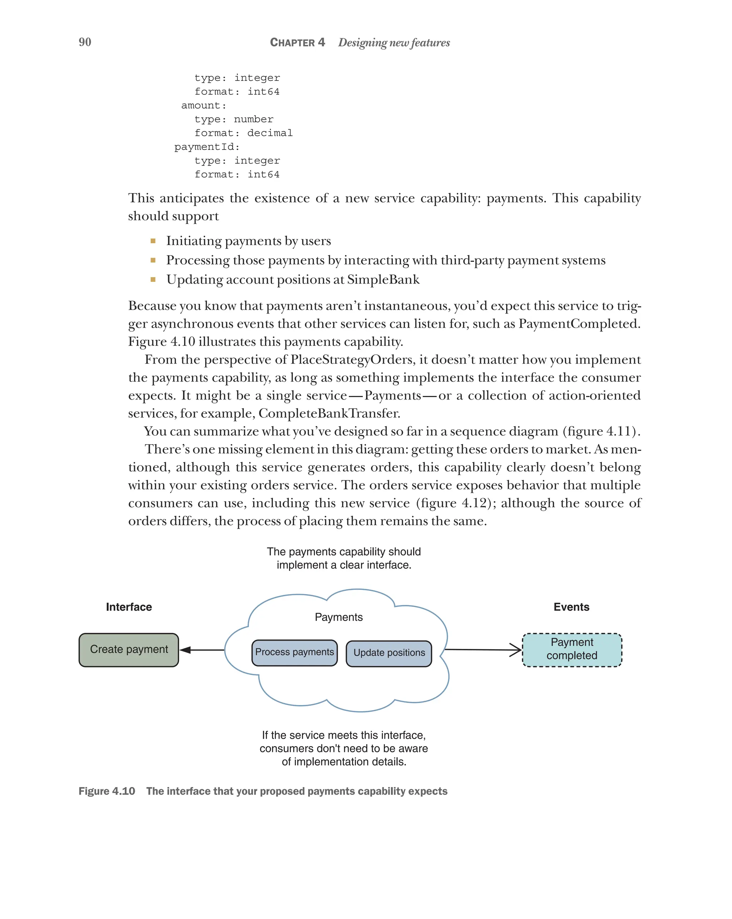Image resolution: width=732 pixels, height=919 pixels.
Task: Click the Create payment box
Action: click(x=129, y=650)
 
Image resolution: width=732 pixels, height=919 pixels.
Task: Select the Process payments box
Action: click(x=294, y=652)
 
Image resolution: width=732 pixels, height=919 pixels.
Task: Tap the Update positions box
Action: click(x=389, y=653)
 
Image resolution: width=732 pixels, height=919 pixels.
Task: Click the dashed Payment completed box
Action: click(x=572, y=650)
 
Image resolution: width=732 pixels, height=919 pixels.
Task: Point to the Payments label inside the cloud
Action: click(x=338, y=617)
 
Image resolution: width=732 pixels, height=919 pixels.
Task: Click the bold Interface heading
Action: click(x=129, y=607)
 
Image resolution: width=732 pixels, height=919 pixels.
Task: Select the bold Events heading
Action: click(x=571, y=607)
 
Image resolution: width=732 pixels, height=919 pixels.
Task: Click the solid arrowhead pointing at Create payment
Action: click(x=186, y=650)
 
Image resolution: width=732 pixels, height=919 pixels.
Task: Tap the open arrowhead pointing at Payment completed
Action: click(x=516, y=650)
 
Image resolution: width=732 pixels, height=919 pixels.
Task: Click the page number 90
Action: click(x=85, y=42)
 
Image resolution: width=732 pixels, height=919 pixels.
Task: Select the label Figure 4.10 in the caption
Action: click(x=107, y=791)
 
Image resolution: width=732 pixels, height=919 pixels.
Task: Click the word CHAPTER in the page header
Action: click(x=292, y=43)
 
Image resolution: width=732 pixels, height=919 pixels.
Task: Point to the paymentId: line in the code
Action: click(x=207, y=147)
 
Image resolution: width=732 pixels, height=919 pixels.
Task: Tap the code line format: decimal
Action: click(x=243, y=133)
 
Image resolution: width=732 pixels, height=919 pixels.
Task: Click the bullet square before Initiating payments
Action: click(x=153, y=241)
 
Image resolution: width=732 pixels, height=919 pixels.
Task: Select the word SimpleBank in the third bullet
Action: click(x=383, y=280)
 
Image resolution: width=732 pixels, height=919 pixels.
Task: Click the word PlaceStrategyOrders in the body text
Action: click(x=352, y=360)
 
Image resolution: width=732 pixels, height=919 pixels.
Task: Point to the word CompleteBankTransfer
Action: click(x=329, y=414)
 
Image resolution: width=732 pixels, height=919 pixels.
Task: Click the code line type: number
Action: click(x=234, y=119)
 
